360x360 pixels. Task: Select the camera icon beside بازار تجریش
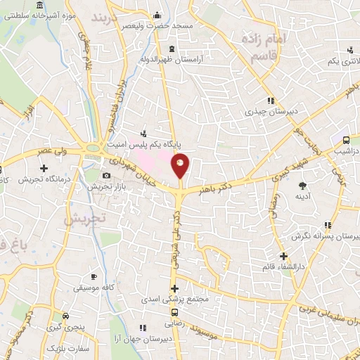tap(106, 175)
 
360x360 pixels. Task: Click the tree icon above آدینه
tap(303, 186)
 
